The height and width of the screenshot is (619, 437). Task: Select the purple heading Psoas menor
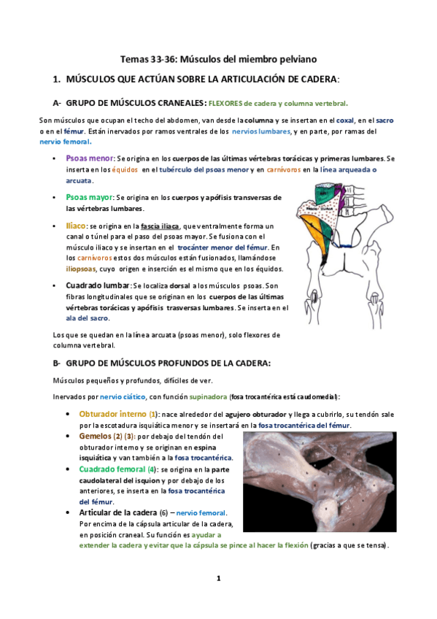[x=89, y=158]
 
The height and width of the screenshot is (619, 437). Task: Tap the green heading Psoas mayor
[x=89, y=197]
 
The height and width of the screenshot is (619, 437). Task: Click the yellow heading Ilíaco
[x=75, y=226]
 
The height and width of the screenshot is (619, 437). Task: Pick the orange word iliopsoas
[x=81, y=269]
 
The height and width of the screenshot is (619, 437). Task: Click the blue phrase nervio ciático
[x=123, y=396]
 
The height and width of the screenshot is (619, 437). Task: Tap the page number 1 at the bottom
[x=218, y=578]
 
